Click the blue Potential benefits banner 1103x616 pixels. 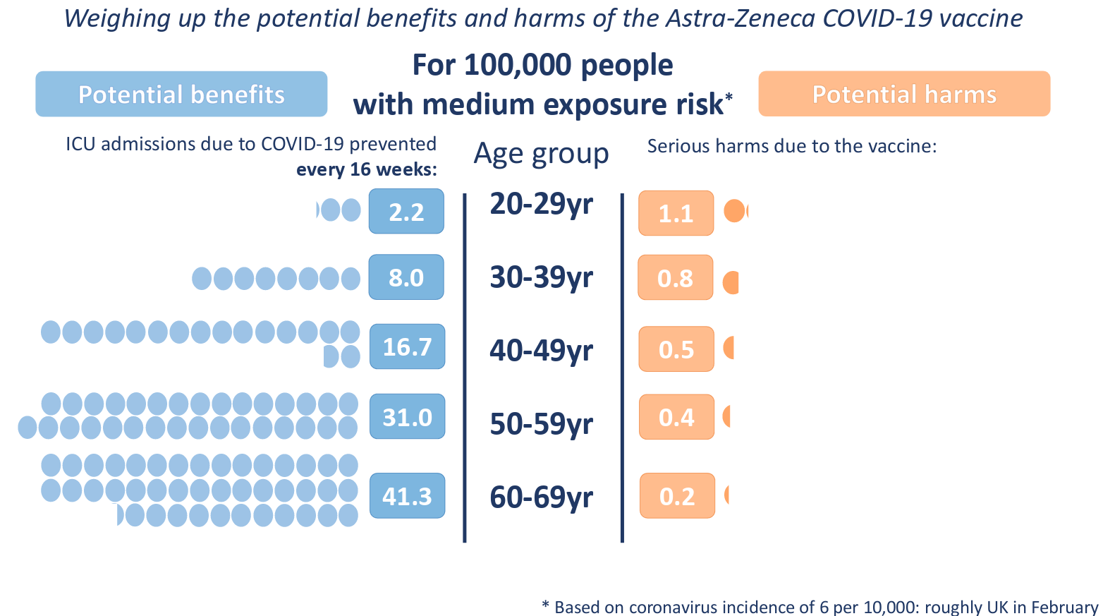(181, 94)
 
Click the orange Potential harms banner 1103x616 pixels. (904, 94)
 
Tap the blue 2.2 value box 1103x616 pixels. (406, 211)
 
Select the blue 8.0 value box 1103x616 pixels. (406, 277)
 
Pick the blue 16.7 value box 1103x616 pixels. (407, 346)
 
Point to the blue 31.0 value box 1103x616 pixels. (407, 416)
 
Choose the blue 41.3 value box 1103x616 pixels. (407, 496)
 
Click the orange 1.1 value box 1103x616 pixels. (676, 213)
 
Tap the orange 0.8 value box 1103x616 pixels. (676, 277)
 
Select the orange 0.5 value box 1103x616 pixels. (676, 349)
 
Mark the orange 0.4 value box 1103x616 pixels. (676, 417)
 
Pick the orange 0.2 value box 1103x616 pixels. (677, 496)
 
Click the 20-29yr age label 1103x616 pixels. (541, 204)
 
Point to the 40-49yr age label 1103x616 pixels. (541, 351)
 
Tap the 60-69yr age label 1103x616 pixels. (541, 497)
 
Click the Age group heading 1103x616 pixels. (541, 154)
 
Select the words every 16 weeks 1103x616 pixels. (366, 169)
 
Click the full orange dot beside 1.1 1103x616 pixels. (734, 211)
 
